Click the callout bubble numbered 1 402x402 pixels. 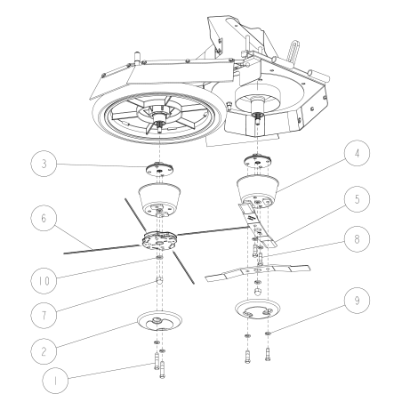pyautogui.click(x=55, y=381)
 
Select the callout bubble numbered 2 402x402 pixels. pyautogui.click(x=44, y=351)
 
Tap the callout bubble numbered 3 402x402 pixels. pyautogui.click(x=44, y=164)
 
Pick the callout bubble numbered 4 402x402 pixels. pyautogui.click(x=358, y=153)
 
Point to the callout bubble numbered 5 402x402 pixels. pyautogui.click(x=358, y=199)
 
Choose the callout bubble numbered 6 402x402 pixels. pyautogui.click(x=44, y=218)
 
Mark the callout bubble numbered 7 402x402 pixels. pyautogui.click(x=44, y=316)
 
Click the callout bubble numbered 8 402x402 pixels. pyautogui.click(x=358, y=239)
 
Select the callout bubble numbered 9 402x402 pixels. pyautogui.click(x=358, y=301)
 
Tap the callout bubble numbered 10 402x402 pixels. pyautogui.click(x=44, y=281)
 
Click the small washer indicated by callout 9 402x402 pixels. pyautogui.click(x=269, y=334)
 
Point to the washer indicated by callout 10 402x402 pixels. pyautogui.click(x=159, y=258)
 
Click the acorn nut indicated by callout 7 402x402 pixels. pyautogui.click(x=159, y=280)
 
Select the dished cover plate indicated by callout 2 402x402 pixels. pyautogui.click(x=159, y=320)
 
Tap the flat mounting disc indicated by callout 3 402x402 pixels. pyautogui.click(x=160, y=170)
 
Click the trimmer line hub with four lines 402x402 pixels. pyautogui.click(x=159, y=240)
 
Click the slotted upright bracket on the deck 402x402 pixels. pyautogui.click(x=293, y=52)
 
